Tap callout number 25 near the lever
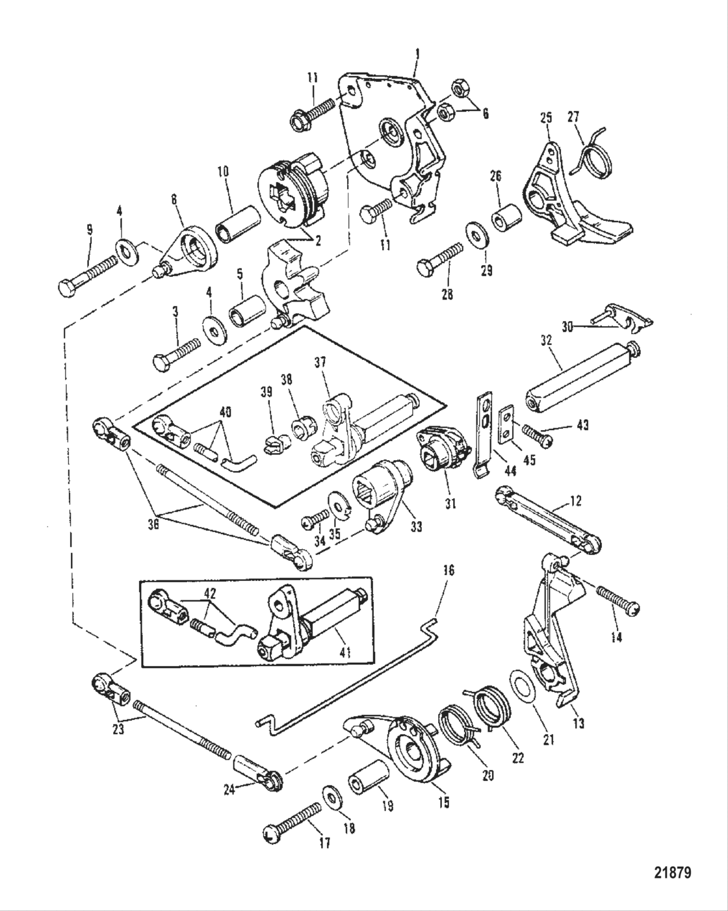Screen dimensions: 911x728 [x=545, y=118]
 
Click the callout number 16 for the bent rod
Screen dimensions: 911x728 [x=448, y=571]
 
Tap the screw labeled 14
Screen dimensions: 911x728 [x=618, y=600]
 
